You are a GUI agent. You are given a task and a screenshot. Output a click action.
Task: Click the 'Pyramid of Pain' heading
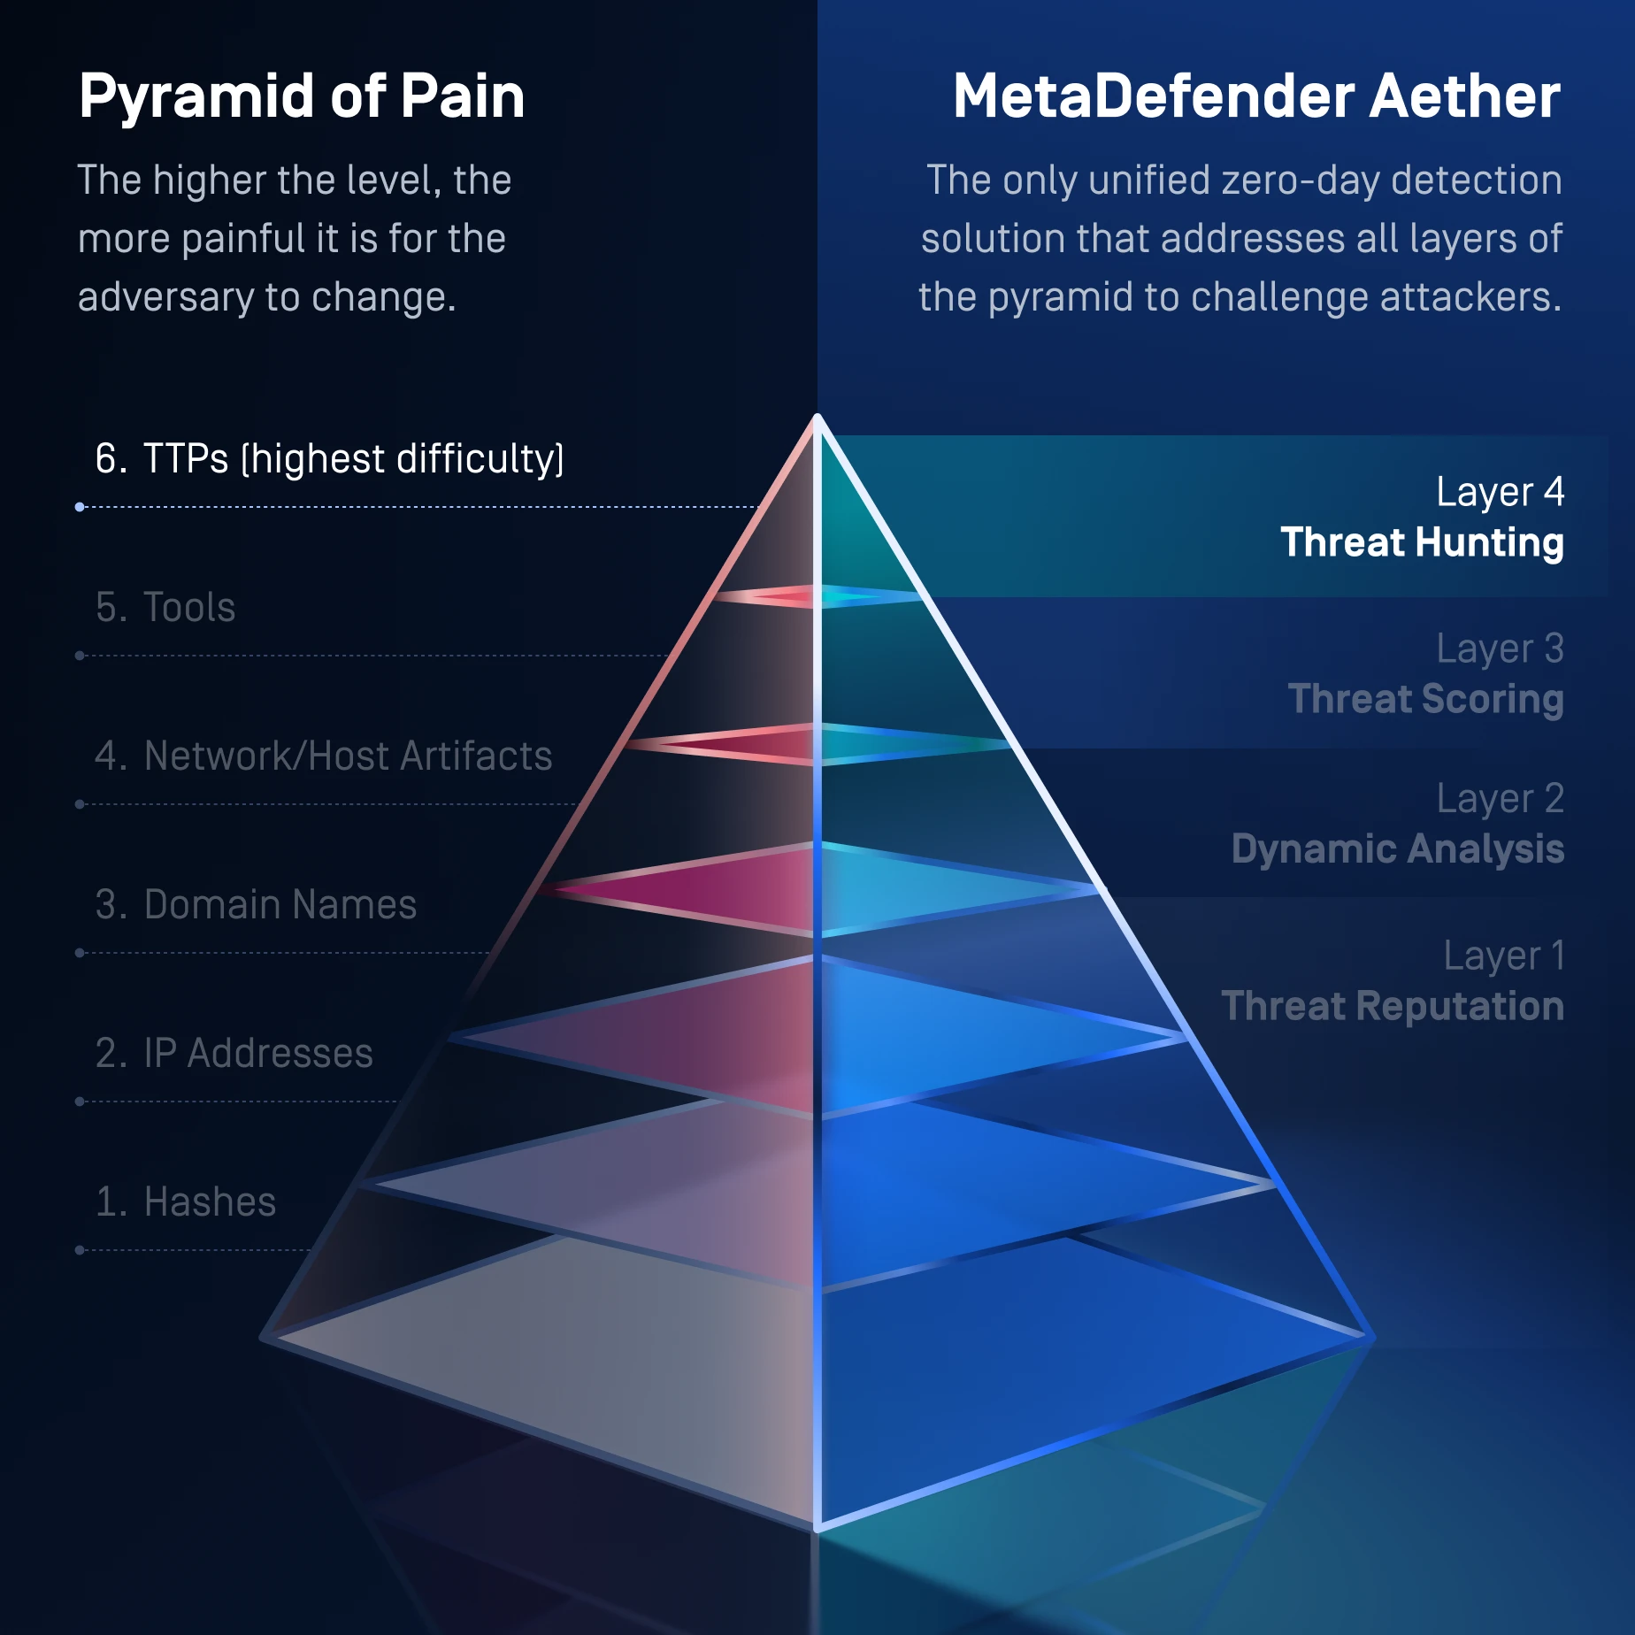[302, 96]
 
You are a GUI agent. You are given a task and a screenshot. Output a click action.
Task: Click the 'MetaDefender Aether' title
[1255, 96]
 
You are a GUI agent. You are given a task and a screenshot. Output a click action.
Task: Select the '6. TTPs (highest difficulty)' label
[329, 459]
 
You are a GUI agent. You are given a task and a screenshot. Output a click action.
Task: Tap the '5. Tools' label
[165, 608]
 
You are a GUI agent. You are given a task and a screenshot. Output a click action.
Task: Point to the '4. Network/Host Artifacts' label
[323, 756]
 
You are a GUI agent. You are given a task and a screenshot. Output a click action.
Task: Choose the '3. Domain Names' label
[256, 905]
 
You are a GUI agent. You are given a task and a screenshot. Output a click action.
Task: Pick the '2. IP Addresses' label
[234, 1054]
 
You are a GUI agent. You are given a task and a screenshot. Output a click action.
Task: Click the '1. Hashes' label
[186, 1202]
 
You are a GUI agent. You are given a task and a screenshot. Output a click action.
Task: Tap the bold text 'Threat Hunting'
[1422, 542]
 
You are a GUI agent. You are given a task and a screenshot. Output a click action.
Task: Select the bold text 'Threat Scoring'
[1425, 699]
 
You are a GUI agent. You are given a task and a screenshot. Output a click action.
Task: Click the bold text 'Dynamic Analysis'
[1397, 849]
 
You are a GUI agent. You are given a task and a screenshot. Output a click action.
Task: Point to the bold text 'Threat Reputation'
[1392, 1007]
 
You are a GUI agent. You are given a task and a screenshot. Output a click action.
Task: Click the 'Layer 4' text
[1500, 493]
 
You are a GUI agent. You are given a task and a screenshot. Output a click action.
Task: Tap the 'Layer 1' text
[1503, 956]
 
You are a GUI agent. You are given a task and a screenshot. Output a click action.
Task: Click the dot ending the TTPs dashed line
[80, 507]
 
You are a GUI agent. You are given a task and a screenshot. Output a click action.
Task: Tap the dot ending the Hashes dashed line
[80, 1250]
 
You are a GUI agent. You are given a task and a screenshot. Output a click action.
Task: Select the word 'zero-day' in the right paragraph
[1300, 180]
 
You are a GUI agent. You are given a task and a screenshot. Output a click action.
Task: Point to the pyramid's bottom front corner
[817, 1527]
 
